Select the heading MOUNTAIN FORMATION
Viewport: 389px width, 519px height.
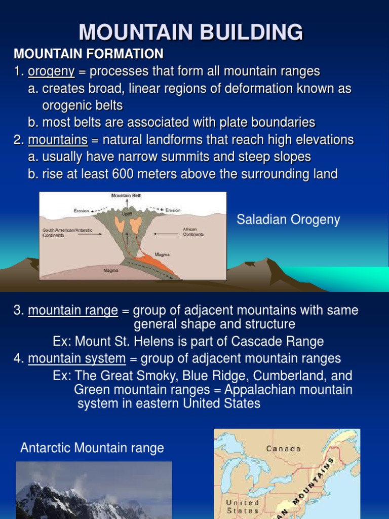coord(89,54)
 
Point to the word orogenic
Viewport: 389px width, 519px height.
coord(64,105)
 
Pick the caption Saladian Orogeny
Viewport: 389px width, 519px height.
coord(288,219)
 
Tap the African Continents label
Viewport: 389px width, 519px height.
coord(193,232)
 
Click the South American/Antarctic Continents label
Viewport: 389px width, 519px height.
coord(68,233)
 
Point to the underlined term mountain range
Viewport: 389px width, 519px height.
coord(73,310)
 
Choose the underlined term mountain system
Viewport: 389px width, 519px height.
coord(76,359)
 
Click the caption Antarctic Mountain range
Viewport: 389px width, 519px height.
coord(92,448)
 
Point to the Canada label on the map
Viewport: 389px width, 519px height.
coord(284,449)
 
